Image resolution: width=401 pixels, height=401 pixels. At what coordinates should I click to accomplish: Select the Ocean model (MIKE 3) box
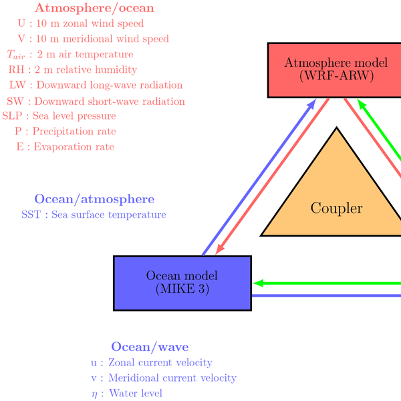[x=182, y=283]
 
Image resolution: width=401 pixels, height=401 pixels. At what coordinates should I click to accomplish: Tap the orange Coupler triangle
[x=337, y=200]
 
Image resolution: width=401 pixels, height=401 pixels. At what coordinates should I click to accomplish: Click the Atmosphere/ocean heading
[x=94, y=9]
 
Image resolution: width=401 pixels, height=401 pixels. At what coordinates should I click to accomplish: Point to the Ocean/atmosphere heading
[x=94, y=199]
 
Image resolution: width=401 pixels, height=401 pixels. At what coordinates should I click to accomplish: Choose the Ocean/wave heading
[x=150, y=347]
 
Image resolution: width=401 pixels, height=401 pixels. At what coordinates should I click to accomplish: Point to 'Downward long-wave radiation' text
[x=110, y=85]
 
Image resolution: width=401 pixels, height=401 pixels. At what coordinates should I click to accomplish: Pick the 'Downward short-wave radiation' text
[x=110, y=102]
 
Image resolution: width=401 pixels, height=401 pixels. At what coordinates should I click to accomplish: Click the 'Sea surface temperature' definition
[x=107, y=215]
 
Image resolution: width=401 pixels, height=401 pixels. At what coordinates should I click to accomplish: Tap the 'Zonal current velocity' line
[x=160, y=363]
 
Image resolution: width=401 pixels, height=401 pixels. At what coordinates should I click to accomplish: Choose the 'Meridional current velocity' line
[x=172, y=378]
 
